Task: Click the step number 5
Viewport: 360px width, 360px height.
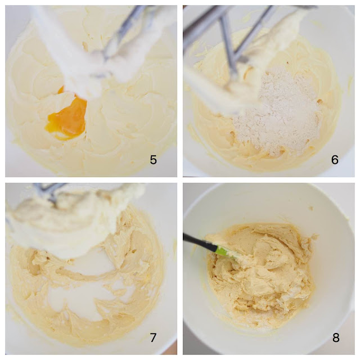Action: (154, 160)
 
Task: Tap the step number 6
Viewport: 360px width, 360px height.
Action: (335, 160)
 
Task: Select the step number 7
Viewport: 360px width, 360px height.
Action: (153, 337)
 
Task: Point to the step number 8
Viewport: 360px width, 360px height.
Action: (336, 337)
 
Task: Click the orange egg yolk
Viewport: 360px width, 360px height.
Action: (67, 116)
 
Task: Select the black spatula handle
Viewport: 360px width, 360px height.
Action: (199, 241)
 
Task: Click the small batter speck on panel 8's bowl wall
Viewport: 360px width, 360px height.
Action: (312, 208)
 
